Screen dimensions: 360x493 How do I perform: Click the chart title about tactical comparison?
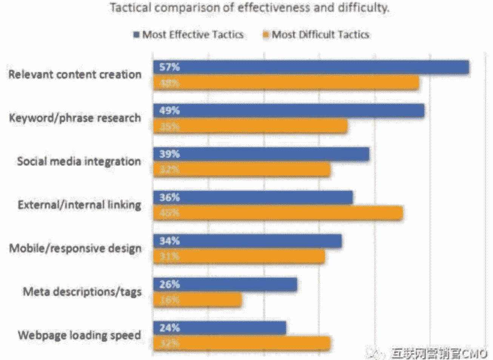pyautogui.click(x=249, y=8)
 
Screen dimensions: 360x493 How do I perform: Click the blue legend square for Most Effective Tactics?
pyautogui.click(x=137, y=35)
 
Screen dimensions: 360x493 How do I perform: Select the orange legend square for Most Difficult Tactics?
pyautogui.click(x=266, y=35)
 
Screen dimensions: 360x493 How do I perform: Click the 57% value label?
pyautogui.click(x=169, y=67)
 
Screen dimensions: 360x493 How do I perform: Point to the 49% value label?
pyautogui.click(x=169, y=111)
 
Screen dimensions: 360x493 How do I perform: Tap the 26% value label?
pyautogui.click(x=169, y=284)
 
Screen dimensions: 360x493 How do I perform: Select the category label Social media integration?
pyautogui.click(x=79, y=161)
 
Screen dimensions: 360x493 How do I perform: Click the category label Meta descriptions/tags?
pyautogui.click(x=82, y=292)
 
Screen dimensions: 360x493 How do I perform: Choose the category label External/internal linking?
pyautogui.click(x=79, y=205)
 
